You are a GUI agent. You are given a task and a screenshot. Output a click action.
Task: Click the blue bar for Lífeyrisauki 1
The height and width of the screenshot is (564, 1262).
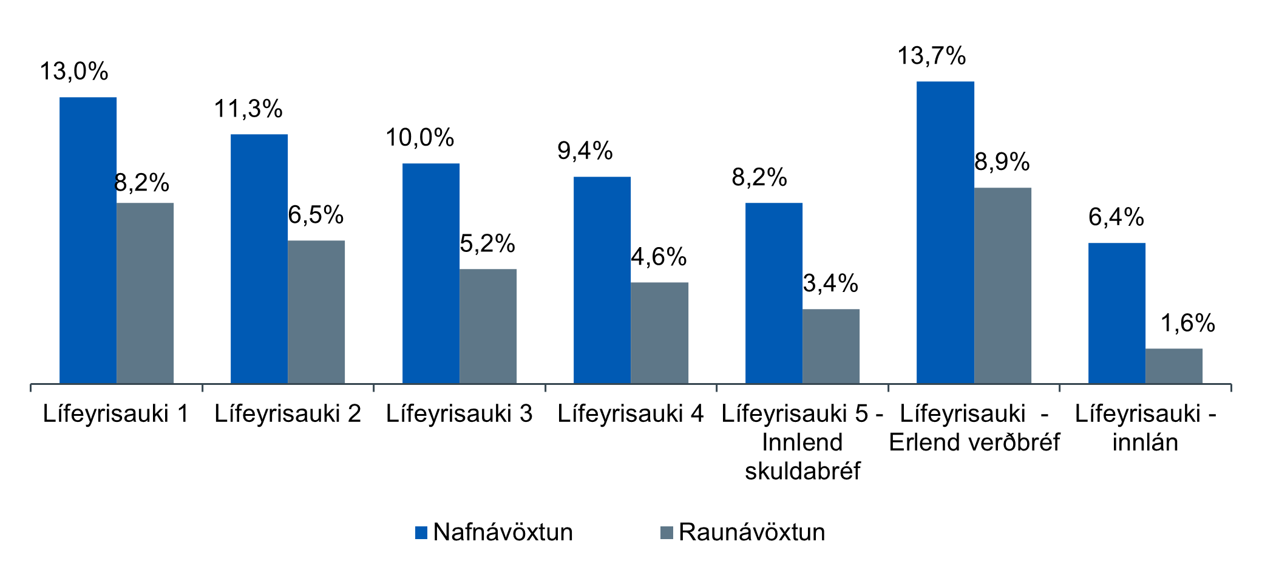coord(88,240)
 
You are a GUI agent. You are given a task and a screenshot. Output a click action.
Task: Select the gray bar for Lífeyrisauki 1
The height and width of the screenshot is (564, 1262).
coord(145,293)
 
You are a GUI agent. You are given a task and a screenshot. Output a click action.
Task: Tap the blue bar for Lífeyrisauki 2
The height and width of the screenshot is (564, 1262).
coord(259,259)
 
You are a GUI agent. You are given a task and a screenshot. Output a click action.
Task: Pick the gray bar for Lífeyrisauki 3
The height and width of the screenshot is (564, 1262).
coord(488,326)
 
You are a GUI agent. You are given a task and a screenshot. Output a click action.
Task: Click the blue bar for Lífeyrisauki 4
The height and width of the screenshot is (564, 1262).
coord(602,280)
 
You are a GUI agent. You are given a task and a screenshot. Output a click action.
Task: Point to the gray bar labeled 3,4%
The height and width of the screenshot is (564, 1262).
coord(831,346)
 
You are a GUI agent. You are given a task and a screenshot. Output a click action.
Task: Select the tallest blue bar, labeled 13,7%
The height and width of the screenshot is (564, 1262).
coord(945,232)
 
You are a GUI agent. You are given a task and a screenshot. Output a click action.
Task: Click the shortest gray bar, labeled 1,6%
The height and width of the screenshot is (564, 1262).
coord(1174,365)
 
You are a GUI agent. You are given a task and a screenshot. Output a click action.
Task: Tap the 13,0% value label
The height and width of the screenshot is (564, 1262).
coord(74,72)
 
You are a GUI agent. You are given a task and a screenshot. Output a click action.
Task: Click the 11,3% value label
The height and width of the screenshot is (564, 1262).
coord(248,109)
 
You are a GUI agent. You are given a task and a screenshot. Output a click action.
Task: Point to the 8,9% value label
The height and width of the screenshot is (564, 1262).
coord(1002,162)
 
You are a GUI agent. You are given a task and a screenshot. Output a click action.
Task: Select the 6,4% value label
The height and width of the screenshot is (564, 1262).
coord(1116,217)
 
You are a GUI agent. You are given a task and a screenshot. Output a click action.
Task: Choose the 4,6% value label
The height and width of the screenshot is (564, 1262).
coord(659,257)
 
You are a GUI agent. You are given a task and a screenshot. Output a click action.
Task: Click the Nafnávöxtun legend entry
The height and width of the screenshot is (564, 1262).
coord(503,532)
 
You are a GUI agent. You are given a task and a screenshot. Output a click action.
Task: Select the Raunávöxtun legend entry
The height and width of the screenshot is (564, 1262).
coord(751,532)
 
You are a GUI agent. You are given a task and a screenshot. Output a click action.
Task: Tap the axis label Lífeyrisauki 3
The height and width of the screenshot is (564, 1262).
coord(459,414)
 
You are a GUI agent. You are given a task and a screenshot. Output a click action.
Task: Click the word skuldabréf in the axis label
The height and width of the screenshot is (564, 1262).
coord(802,471)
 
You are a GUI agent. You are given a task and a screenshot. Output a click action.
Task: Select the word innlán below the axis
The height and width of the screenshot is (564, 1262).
coord(1145,443)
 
